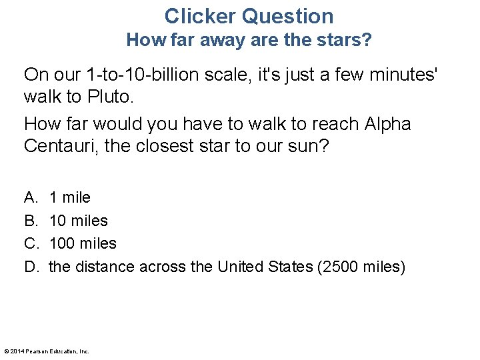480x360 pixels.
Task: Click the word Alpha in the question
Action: (x=388, y=124)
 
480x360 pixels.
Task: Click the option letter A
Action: (x=31, y=197)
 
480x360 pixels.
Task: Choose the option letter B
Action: (x=31, y=221)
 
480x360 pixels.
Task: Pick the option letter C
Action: (x=31, y=244)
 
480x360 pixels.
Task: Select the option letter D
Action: (x=31, y=267)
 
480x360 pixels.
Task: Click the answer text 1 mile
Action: (x=70, y=197)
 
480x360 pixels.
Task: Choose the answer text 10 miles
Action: (x=79, y=221)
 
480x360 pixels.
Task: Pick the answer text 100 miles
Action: (x=83, y=244)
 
